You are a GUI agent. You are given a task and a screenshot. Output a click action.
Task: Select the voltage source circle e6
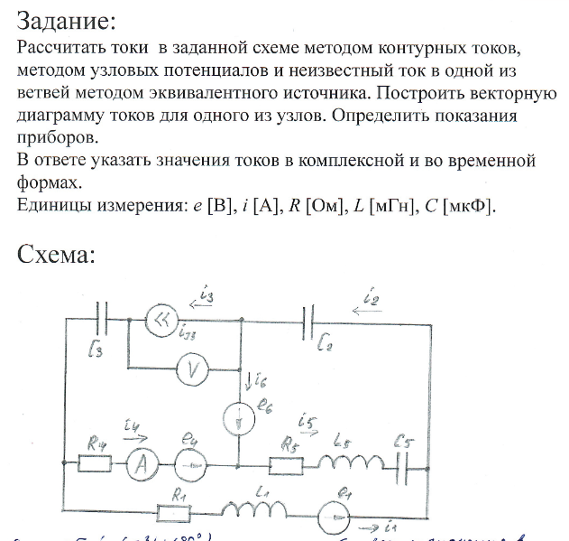coord(239,416)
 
